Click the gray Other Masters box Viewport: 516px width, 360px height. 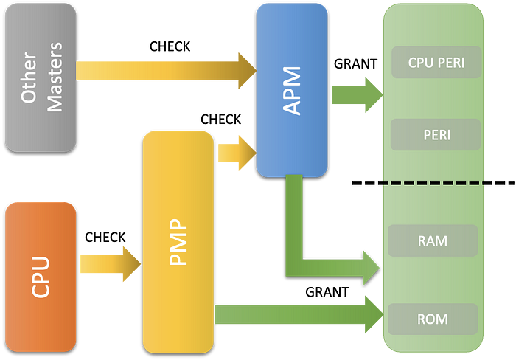point(41,77)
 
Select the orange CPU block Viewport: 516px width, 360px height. point(41,277)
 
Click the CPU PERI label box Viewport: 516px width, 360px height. point(436,63)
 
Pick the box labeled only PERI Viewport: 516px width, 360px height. point(436,135)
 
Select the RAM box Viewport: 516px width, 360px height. point(432,240)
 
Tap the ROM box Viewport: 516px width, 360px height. point(432,319)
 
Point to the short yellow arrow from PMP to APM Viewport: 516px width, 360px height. point(234,153)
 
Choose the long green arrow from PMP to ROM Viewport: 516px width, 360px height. point(295,315)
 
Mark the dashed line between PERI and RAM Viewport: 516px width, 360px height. point(433,182)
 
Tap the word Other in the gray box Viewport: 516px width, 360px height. point(29,77)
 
